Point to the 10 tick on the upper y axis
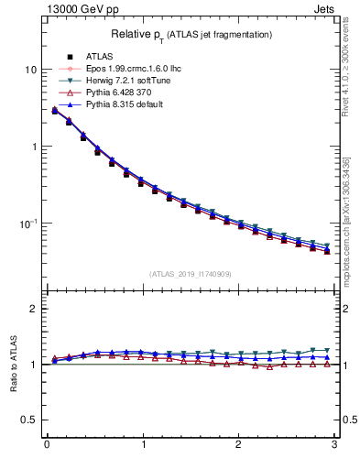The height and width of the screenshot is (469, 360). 31,71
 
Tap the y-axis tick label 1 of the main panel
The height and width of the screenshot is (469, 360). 34,147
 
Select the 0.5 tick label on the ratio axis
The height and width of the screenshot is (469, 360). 30,420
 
